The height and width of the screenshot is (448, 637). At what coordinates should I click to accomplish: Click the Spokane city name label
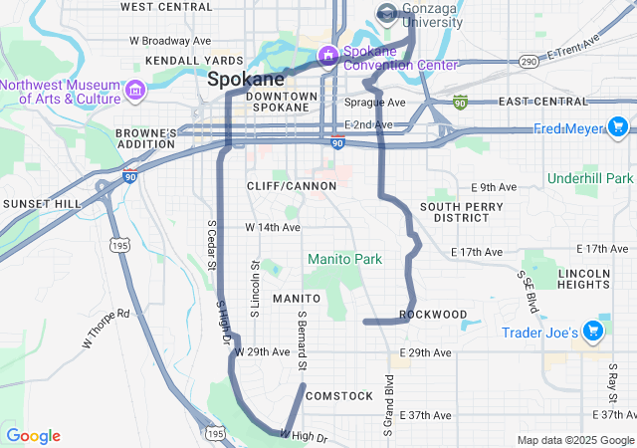coord(246,78)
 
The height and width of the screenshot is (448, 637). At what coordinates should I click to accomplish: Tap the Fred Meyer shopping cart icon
coord(618,127)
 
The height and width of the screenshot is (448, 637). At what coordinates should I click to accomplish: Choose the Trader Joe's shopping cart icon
coord(592,331)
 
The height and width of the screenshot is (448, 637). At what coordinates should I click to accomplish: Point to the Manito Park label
coord(344,259)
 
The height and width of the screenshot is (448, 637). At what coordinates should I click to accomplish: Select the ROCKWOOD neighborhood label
coord(433,315)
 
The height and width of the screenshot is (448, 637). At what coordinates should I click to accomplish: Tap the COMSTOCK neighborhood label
coord(338,396)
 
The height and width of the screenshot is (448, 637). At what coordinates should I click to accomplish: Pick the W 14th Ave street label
coord(272,227)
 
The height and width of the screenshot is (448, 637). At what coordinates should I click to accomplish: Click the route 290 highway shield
coord(529,62)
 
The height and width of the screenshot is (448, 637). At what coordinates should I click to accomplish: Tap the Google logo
coord(33,436)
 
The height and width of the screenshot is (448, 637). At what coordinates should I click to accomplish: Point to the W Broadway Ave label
coord(170,41)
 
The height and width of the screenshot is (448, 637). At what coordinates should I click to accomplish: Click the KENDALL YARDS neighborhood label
coord(180,61)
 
